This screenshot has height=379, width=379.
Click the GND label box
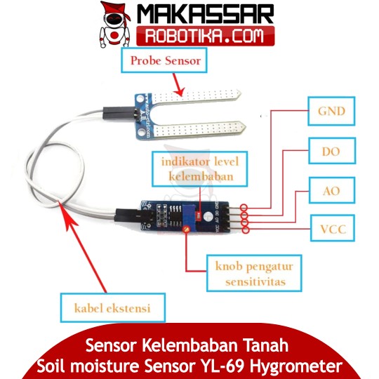point(331,111)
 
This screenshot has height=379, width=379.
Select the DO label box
point(332,152)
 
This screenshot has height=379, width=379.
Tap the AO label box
point(332,191)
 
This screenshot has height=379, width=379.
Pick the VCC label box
point(333,228)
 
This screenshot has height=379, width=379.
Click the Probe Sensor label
point(164,60)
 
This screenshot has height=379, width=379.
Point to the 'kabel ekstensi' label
point(112,308)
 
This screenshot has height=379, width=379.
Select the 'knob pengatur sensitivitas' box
point(254,274)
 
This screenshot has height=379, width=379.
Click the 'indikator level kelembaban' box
point(200,168)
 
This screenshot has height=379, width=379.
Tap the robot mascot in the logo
point(114,25)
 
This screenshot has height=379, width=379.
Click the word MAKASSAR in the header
point(206,14)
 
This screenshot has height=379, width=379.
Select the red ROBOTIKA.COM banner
point(205,36)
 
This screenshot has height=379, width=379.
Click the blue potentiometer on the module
point(189,215)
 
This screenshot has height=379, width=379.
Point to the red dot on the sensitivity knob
point(186,230)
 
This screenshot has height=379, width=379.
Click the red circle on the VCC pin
point(245,230)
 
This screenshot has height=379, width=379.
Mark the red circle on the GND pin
point(244,208)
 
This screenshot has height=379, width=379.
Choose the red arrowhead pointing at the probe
point(180,92)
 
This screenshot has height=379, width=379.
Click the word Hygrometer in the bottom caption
point(296,366)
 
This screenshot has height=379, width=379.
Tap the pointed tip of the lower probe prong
point(246,126)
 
